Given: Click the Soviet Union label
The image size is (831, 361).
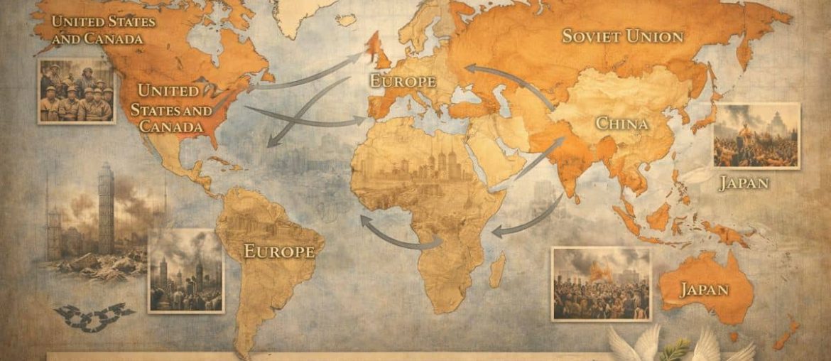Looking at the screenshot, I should [622, 36].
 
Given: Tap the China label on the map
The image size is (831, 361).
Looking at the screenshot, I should [621, 124].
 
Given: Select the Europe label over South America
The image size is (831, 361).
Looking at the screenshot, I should [279, 251].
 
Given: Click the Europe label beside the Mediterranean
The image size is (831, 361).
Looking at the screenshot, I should [402, 81].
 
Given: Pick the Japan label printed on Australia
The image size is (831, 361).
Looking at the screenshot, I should [704, 289].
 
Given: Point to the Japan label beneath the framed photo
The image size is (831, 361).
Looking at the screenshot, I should [743, 183].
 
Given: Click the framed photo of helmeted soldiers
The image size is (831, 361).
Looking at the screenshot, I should [77, 90].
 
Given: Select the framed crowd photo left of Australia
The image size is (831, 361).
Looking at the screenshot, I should [601, 284].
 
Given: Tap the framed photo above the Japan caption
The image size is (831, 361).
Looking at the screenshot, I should [756, 135].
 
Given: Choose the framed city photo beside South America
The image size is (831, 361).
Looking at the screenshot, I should [185, 271].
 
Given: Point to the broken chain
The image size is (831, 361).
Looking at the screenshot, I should [94, 317].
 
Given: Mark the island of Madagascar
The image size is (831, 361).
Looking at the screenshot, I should [497, 271].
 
